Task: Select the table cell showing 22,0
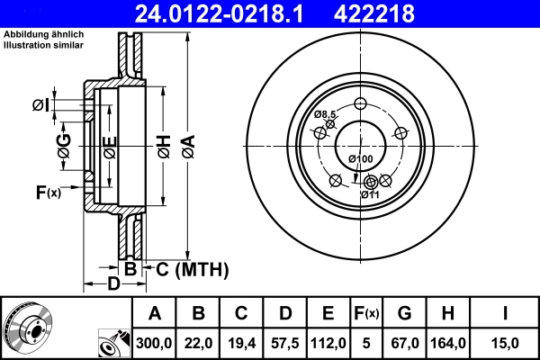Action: click(x=199, y=343)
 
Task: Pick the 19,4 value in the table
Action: click(x=242, y=343)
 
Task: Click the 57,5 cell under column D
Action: click(x=284, y=343)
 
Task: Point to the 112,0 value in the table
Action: click(x=328, y=343)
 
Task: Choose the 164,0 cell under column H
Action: click(x=447, y=343)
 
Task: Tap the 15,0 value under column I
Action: click(x=503, y=343)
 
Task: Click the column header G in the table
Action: click(x=404, y=314)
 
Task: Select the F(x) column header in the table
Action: click(x=366, y=314)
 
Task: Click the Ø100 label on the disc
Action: click(x=360, y=159)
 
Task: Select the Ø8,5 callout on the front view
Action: click(x=325, y=114)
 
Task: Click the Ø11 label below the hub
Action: click(x=370, y=194)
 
